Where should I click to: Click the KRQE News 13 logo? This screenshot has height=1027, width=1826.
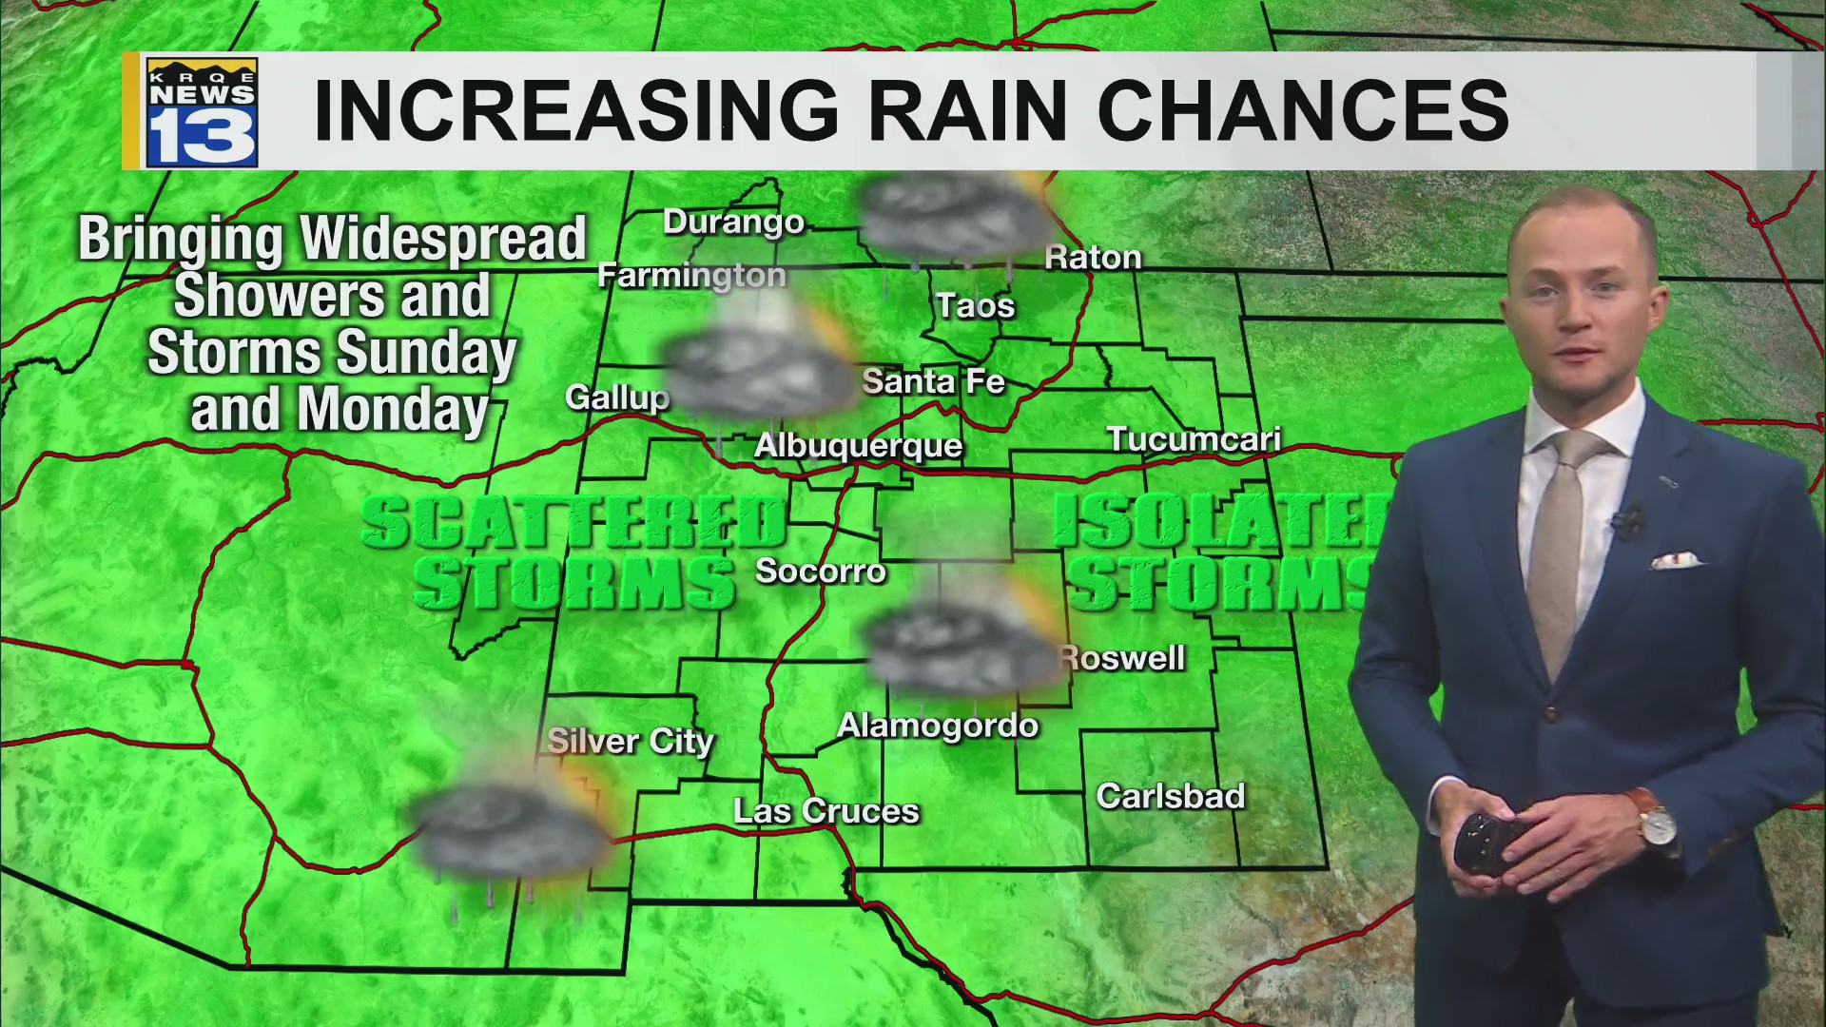[x=202, y=112]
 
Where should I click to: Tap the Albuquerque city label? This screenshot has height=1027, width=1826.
[x=858, y=446]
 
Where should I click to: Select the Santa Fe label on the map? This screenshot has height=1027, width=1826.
[x=933, y=382]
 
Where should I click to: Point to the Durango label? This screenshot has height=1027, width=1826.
[x=733, y=223]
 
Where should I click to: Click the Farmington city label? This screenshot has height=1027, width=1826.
[x=691, y=276]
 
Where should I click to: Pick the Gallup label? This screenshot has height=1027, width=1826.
[x=617, y=397]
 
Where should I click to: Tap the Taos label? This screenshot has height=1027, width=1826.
[x=975, y=306]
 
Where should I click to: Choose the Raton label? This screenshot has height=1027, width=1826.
[x=1093, y=258]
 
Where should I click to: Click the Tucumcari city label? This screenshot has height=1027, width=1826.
[x=1194, y=439]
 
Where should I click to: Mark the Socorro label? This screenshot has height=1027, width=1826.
[x=820, y=572]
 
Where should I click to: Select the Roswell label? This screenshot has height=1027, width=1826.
[x=1124, y=658]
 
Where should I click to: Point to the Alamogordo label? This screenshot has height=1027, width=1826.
[x=938, y=727]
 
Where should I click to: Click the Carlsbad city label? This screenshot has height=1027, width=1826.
[x=1170, y=797]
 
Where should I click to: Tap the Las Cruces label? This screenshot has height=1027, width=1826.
[x=826, y=811]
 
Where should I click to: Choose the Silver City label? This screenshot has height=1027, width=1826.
[x=630, y=742]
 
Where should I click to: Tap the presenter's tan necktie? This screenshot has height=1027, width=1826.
[x=1559, y=542]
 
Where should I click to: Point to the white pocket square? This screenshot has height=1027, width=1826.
[x=1676, y=560]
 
